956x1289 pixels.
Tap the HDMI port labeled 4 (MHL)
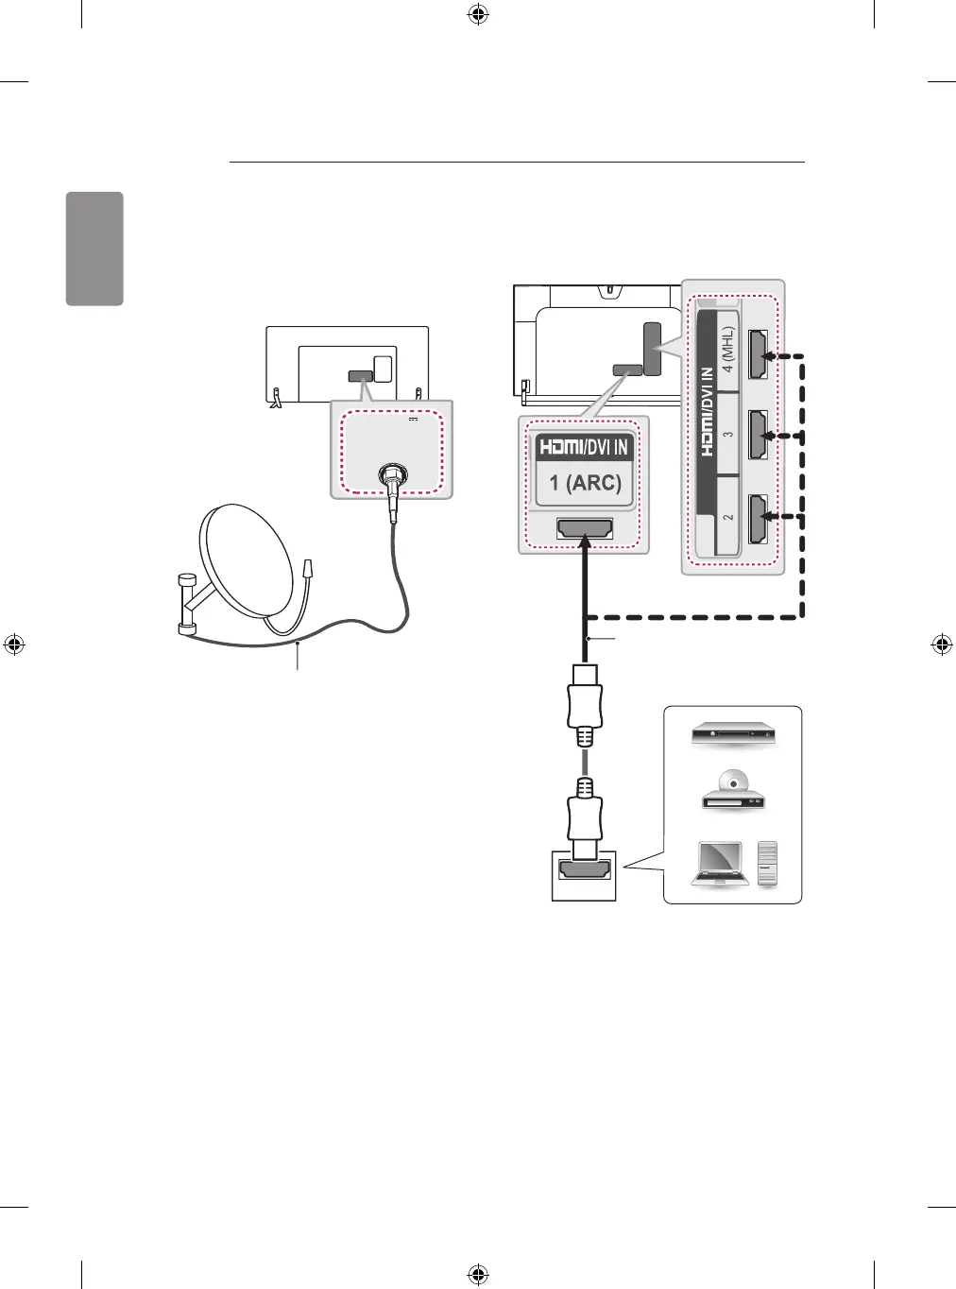point(758,354)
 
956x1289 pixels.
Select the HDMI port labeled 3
point(758,435)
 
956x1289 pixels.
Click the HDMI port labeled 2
point(758,517)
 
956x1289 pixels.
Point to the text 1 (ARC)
point(585,483)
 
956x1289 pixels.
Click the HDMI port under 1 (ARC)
point(585,529)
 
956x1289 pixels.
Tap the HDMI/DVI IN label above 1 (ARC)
point(583,446)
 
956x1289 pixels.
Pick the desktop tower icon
point(768,862)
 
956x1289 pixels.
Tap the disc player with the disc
point(733,793)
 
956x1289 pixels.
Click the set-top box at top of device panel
point(733,733)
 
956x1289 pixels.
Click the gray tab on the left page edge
point(94,249)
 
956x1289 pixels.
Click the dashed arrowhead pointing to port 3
point(771,436)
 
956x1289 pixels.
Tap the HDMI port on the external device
point(585,872)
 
